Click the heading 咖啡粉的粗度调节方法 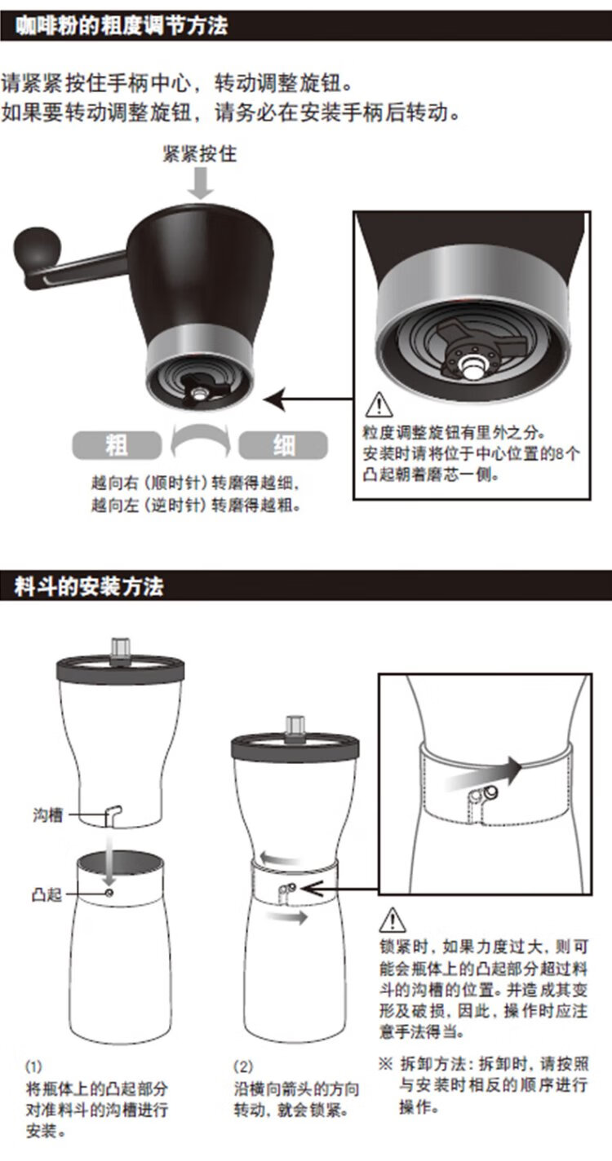tap(121, 25)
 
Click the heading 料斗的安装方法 tap(89, 586)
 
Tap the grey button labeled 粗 tap(117, 445)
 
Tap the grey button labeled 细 tap(283, 445)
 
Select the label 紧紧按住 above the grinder tap(200, 154)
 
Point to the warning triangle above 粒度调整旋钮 tap(379, 405)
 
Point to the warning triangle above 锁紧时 tap(392, 920)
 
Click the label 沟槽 tap(47, 814)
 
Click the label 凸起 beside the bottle tap(47, 894)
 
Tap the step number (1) tap(33, 1066)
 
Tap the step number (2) tap(242, 1066)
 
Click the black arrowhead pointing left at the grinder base tap(274, 400)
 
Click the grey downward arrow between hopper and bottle tap(109, 860)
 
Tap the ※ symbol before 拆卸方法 tap(385, 1065)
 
